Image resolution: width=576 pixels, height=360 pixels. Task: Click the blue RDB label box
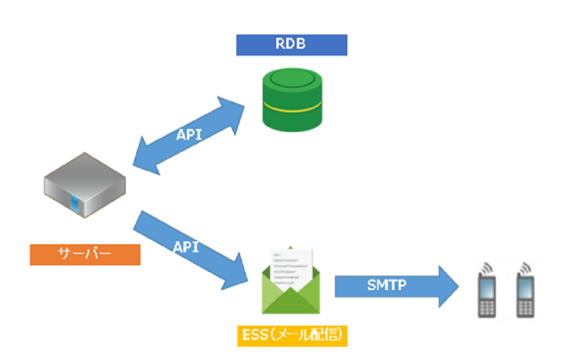[x=292, y=45]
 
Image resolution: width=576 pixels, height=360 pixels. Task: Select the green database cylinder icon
[x=292, y=102]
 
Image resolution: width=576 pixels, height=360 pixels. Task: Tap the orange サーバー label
[x=85, y=254]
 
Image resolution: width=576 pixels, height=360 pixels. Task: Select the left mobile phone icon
[x=487, y=292]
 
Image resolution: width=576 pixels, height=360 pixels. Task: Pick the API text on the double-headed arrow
[x=189, y=135]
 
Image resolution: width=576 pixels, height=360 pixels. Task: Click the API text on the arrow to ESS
[x=186, y=246]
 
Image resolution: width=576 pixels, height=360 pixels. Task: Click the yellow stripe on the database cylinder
[x=292, y=109]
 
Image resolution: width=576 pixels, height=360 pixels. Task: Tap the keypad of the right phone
[x=526, y=305]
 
